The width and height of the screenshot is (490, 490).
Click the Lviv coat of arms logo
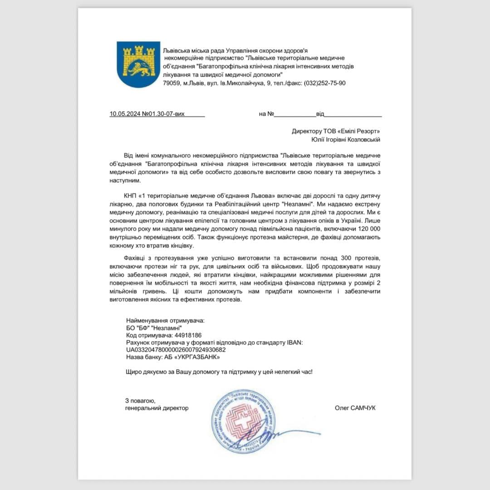[138, 64]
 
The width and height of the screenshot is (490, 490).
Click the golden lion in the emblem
[138, 69]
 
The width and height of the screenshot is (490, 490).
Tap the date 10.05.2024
[125, 114]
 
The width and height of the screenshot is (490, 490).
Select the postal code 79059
[172, 83]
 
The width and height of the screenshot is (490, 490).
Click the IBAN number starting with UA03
[176, 350]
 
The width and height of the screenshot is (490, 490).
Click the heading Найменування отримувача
[165, 320]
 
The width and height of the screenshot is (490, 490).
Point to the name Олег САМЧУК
[355, 408]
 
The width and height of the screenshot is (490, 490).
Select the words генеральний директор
[157, 408]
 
